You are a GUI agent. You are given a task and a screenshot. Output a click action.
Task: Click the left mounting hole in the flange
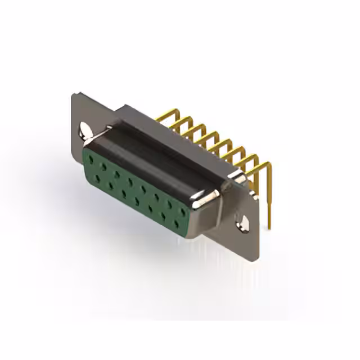click(84, 130)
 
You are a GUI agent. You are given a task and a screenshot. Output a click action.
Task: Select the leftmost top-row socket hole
click(90, 159)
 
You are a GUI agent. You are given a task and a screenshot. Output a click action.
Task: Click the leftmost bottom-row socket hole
click(97, 178)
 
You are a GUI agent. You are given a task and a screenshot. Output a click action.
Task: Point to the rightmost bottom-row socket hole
click(177, 224)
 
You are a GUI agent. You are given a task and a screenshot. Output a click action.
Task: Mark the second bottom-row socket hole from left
click(110, 186)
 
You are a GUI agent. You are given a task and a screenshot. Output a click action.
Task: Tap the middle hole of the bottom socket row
click(137, 201)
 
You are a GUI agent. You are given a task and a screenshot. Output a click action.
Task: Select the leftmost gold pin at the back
click(163, 115)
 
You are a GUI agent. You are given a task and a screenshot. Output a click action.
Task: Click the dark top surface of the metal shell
click(163, 146)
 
